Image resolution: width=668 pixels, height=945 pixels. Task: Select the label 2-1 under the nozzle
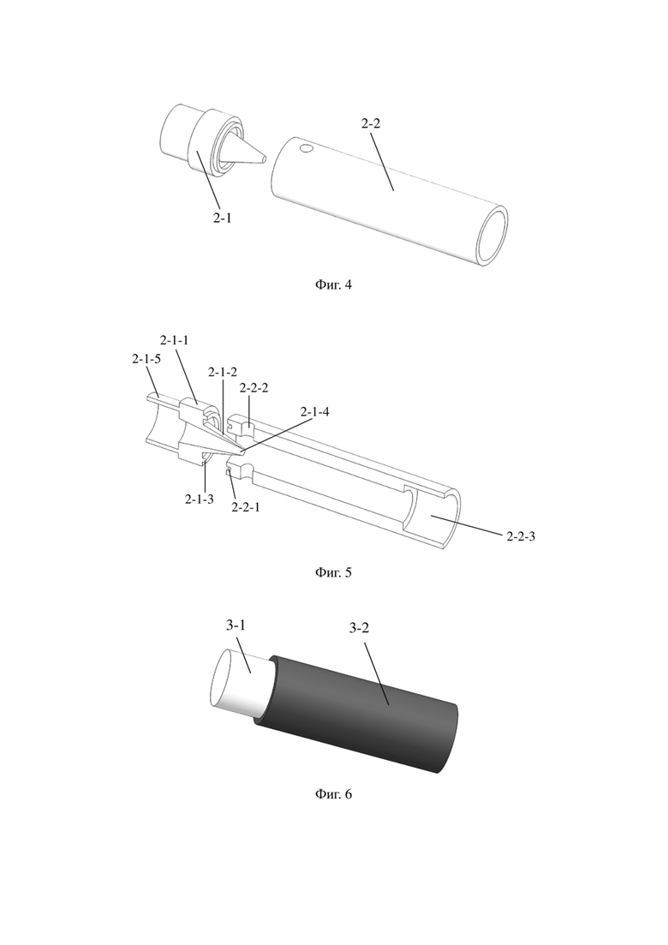pos(223,218)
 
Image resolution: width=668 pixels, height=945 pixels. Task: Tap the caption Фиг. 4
pos(333,284)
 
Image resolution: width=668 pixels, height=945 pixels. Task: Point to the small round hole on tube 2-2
pos(307,147)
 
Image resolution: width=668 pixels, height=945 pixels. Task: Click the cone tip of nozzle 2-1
pos(264,159)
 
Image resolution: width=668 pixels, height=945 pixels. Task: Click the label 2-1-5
pos(146,359)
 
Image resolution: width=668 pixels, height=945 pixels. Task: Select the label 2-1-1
pos(174,340)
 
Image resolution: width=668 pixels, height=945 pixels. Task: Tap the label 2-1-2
pos(223,373)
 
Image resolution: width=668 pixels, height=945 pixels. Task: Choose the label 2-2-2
pos(253,388)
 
